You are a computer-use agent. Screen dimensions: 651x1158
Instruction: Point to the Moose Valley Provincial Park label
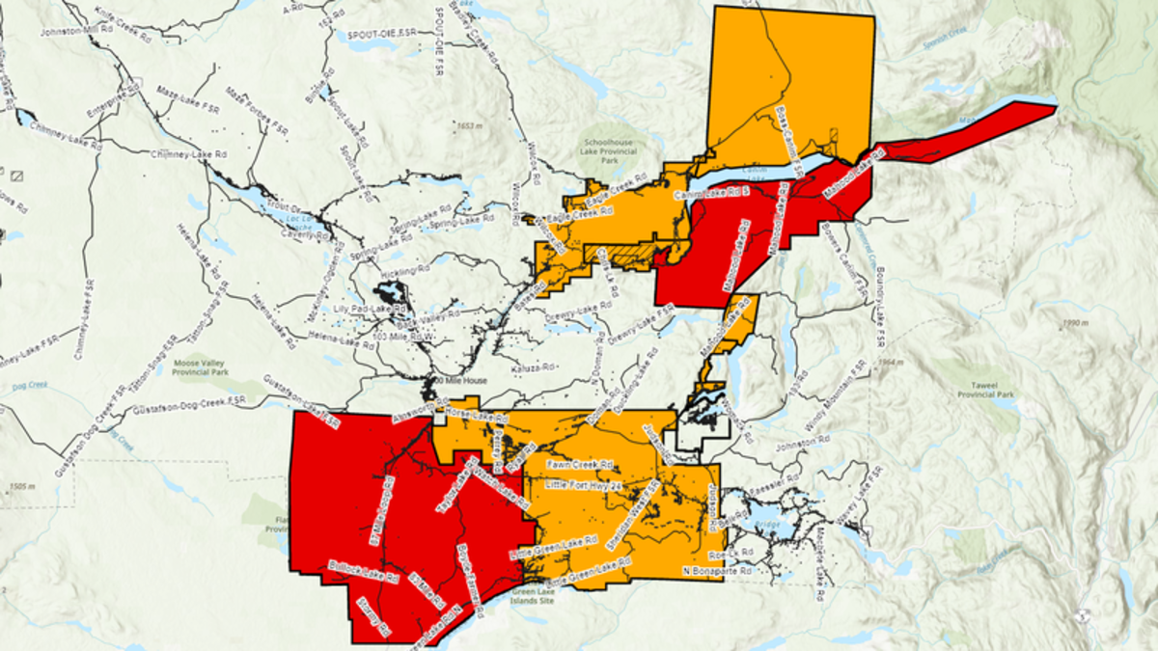pyautogui.click(x=199, y=365)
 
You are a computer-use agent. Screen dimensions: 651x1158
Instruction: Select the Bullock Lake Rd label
pyautogui.click(x=364, y=572)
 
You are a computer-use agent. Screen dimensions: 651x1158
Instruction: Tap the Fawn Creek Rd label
pyautogui.click(x=579, y=464)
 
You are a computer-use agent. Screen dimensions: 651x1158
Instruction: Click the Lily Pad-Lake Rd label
pyautogui.click(x=369, y=308)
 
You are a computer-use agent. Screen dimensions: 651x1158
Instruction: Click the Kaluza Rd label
pyautogui.click(x=534, y=366)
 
